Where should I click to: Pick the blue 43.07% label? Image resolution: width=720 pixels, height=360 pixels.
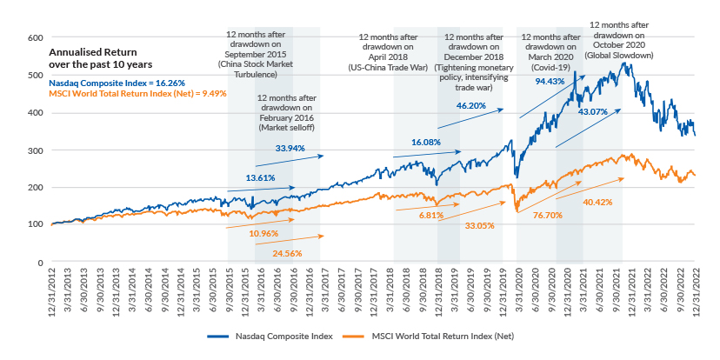(597, 112)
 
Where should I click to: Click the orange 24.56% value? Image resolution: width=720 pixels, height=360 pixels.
(290, 253)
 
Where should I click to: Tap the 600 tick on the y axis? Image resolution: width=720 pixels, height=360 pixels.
(35, 38)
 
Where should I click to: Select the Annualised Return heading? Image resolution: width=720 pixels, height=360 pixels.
(83, 52)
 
